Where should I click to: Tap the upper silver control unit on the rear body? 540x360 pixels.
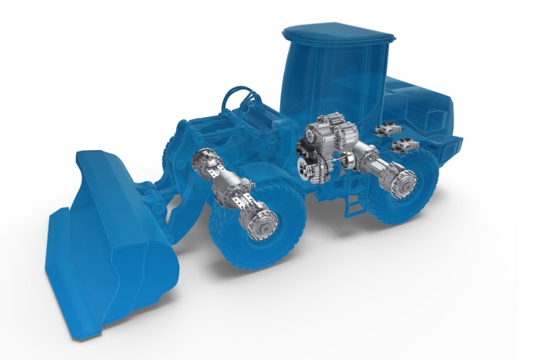click(388, 130)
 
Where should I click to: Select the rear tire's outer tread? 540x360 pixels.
click(426, 202)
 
